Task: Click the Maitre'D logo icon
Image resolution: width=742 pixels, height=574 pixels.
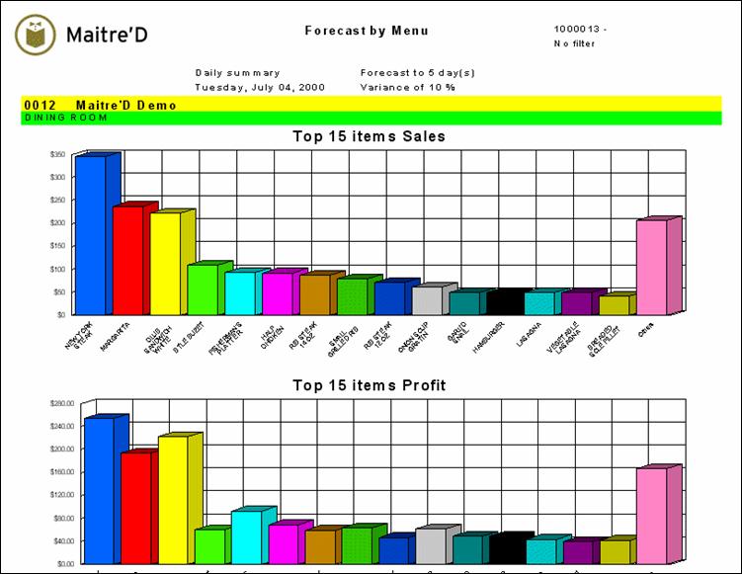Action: click(x=36, y=34)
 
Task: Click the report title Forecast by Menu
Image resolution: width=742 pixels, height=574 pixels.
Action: click(x=366, y=31)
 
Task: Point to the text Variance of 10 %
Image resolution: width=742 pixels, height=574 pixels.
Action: click(x=407, y=87)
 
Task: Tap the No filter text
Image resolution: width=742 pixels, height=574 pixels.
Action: click(x=576, y=44)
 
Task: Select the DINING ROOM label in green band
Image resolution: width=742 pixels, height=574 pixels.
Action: click(x=65, y=118)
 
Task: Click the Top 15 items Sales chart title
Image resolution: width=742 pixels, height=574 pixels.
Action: click(x=369, y=136)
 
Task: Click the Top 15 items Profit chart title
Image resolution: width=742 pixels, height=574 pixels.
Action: click(x=369, y=384)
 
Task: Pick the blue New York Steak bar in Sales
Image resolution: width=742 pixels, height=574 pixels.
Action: click(x=91, y=235)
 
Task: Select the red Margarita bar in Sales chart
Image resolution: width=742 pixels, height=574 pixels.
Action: click(x=128, y=260)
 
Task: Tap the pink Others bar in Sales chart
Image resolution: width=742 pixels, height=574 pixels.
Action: click(x=652, y=267)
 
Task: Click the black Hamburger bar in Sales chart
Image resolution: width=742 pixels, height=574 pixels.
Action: click(x=504, y=302)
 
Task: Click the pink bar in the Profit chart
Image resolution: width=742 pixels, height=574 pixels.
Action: click(x=652, y=516)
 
